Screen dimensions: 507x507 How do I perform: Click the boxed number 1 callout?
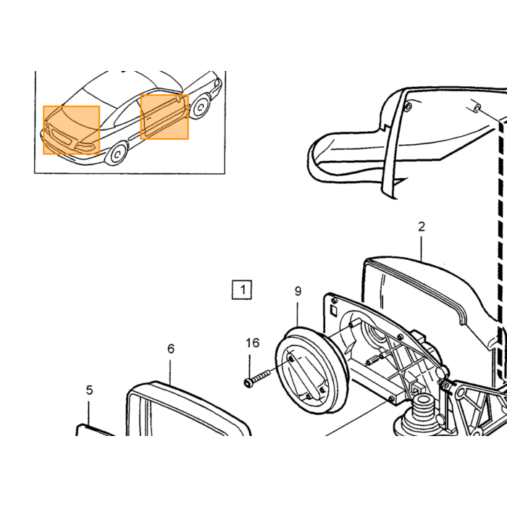tap(242, 290)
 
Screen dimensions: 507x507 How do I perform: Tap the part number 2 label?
tap(422, 227)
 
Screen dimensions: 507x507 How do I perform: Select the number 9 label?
tap(298, 291)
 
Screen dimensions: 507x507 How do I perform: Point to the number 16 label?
tap(253, 343)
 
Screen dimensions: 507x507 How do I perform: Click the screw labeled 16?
tap(256, 378)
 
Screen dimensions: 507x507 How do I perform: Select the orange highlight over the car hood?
tap(72, 130)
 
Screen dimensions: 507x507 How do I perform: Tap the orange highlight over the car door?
tap(164, 117)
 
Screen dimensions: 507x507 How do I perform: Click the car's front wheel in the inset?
tap(117, 154)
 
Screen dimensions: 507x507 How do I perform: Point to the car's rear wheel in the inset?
tap(200, 106)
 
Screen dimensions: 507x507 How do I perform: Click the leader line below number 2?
tap(422, 248)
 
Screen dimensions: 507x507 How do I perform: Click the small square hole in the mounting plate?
tap(332, 311)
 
